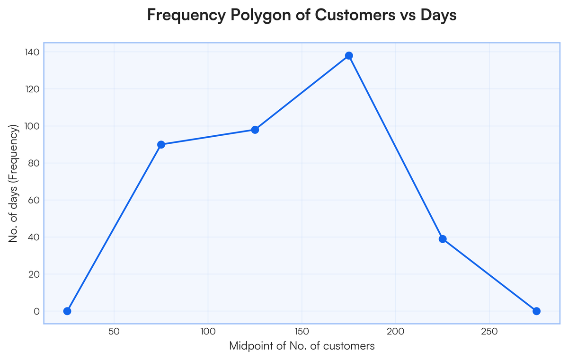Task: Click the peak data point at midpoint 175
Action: coord(349,56)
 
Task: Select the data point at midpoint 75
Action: coord(161,144)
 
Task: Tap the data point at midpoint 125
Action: coord(255,130)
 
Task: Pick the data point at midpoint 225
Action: coord(443,239)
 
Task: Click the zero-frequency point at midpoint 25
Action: coord(67,311)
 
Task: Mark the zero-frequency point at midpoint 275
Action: coord(536,311)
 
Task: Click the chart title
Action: coord(302,15)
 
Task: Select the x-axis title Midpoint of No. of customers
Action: coord(302,346)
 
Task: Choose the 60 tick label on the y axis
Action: coord(33,200)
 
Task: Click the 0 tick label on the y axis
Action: coord(35,311)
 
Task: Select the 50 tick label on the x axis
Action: coord(114,332)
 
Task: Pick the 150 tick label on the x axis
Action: coord(302,332)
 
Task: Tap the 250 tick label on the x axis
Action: coord(489,332)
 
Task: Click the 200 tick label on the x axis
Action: coord(395,332)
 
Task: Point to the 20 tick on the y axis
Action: coord(33,274)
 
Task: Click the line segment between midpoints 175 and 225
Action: coord(396,147)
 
